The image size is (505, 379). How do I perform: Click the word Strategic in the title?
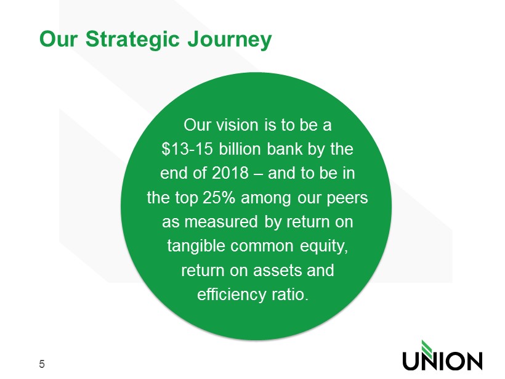coord(132,39)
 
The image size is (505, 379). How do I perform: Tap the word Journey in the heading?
coord(230,39)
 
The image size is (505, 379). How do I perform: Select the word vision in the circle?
coord(237,125)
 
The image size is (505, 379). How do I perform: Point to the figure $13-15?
coord(187,149)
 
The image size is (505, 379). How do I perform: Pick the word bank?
coord(285,149)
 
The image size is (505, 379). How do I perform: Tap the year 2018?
coord(230,173)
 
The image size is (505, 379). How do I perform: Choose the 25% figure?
coord(219,198)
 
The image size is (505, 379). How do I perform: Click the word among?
coord(266,198)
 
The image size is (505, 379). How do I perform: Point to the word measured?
coord(221,222)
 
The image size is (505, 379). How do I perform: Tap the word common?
coord(262,246)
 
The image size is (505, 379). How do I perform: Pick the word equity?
coord(324,247)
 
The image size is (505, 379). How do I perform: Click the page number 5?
coord(42,364)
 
